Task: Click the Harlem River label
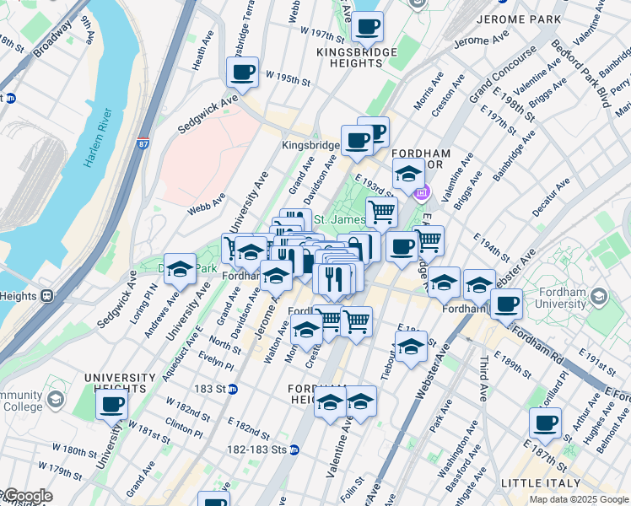[98, 138]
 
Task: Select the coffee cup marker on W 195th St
[243, 73]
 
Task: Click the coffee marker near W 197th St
[367, 27]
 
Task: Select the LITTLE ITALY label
[541, 483]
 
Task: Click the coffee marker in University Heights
[111, 404]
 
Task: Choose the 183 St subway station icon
[234, 389]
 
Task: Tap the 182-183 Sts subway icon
[294, 449]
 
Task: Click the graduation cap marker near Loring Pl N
[180, 269]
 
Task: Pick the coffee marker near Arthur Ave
[545, 423]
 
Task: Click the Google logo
[27, 496]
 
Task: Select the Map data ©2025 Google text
[578, 499]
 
